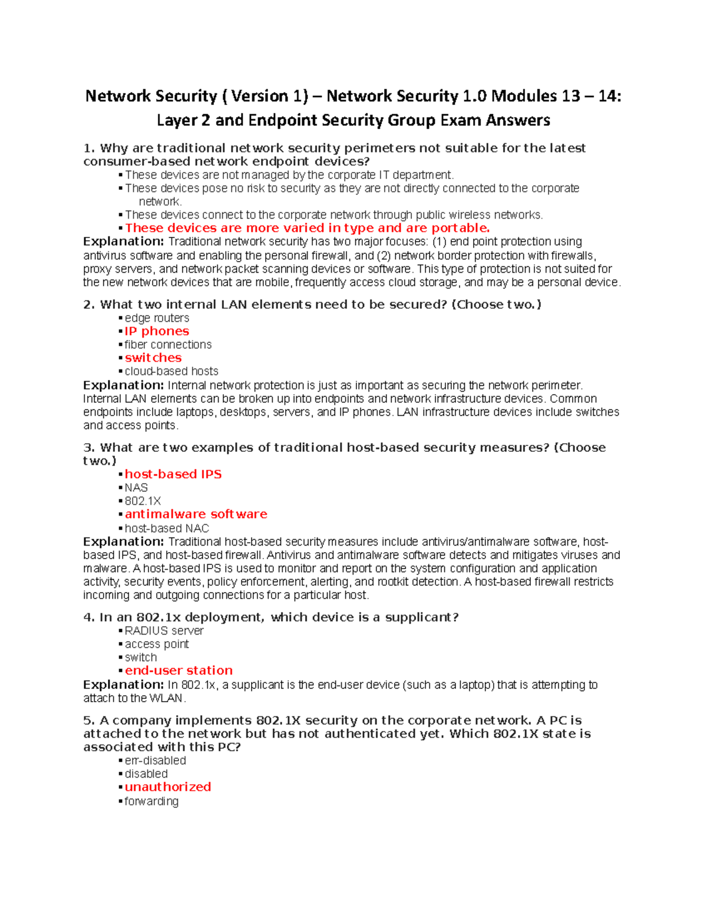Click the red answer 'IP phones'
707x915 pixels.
pyautogui.click(x=157, y=331)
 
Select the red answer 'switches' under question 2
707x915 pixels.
pyautogui.click(x=153, y=358)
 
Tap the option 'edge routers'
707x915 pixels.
pyautogui.click(x=157, y=318)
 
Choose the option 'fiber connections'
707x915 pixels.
pyautogui.click(x=168, y=345)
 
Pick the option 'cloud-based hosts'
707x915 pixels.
pyautogui.click(x=171, y=371)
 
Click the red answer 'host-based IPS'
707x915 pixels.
pyautogui.click(x=173, y=474)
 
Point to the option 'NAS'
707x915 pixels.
pyautogui.click(x=136, y=488)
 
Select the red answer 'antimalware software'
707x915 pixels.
pyautogui.click(x=196, y=514)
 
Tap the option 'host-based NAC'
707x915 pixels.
pyautogui.click(x=167, y=528)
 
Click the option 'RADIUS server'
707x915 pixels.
pyautogui.click(x=164, y=631)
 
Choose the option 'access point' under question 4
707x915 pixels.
pyautogui.click(x=157, y=644)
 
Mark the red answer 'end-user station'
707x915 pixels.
pyautogui.click(x=179, y=670)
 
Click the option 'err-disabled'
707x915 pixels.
pyautogui.click(x=155, y=761)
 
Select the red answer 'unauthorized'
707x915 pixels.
pyautogui.click(x=168, y=787)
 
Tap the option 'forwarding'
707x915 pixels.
pyautogui.click(x=151, y=801)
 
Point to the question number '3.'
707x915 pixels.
pyautogui.click(x=89, y=448)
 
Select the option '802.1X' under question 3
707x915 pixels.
pyautogui.click(x=143, y=501)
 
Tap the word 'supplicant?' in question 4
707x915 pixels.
pyautogui.click(x=421, y=617)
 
